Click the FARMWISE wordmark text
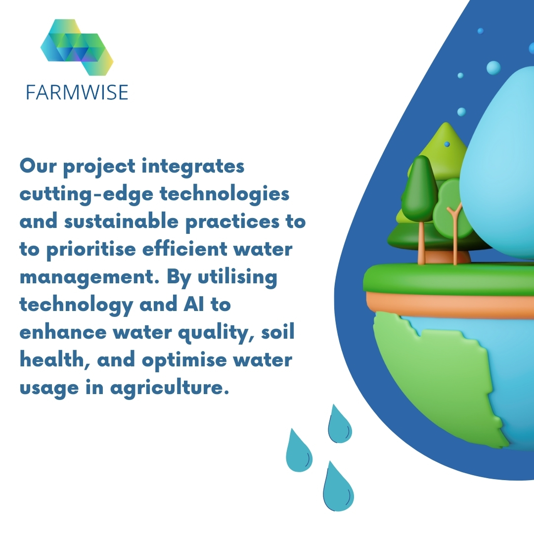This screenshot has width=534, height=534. pos(77,92)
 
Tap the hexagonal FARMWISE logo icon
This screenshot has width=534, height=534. pos(77,47)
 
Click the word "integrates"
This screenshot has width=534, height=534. pos(193,167)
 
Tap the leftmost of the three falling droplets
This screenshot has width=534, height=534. pos(298,451)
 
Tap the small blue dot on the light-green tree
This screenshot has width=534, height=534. pos(447,144)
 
